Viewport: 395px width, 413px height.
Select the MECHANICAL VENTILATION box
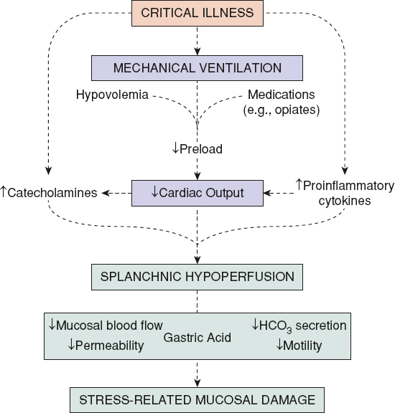(197, 69)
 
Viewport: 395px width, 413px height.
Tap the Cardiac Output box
(197, 192)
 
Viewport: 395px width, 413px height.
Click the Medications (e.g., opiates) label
(282, 101)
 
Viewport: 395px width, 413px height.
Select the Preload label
(197, 150)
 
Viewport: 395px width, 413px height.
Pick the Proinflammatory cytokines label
(343, 193)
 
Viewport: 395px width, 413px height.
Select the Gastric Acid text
(197, 336)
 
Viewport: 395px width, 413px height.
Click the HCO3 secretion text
(299, 326)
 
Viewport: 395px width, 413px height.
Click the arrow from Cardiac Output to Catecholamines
(115, 192)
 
